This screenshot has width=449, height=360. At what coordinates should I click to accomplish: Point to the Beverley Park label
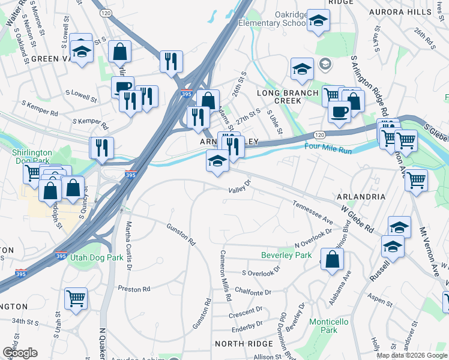(x=286, y=255)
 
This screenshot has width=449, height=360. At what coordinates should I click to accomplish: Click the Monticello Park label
(x=328, y=326)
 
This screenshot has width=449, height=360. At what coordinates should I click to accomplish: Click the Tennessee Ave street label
(x=312, y=212)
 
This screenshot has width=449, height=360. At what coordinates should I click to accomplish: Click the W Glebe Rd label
(x=357, y=220)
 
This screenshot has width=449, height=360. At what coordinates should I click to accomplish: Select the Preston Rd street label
(x=134, y=289)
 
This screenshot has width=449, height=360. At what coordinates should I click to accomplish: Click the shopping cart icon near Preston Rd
(x=76, y=298)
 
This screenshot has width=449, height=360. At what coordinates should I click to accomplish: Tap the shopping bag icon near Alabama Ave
(x=332, y=259)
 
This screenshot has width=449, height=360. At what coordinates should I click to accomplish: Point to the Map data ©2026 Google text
(x=412, y=355)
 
